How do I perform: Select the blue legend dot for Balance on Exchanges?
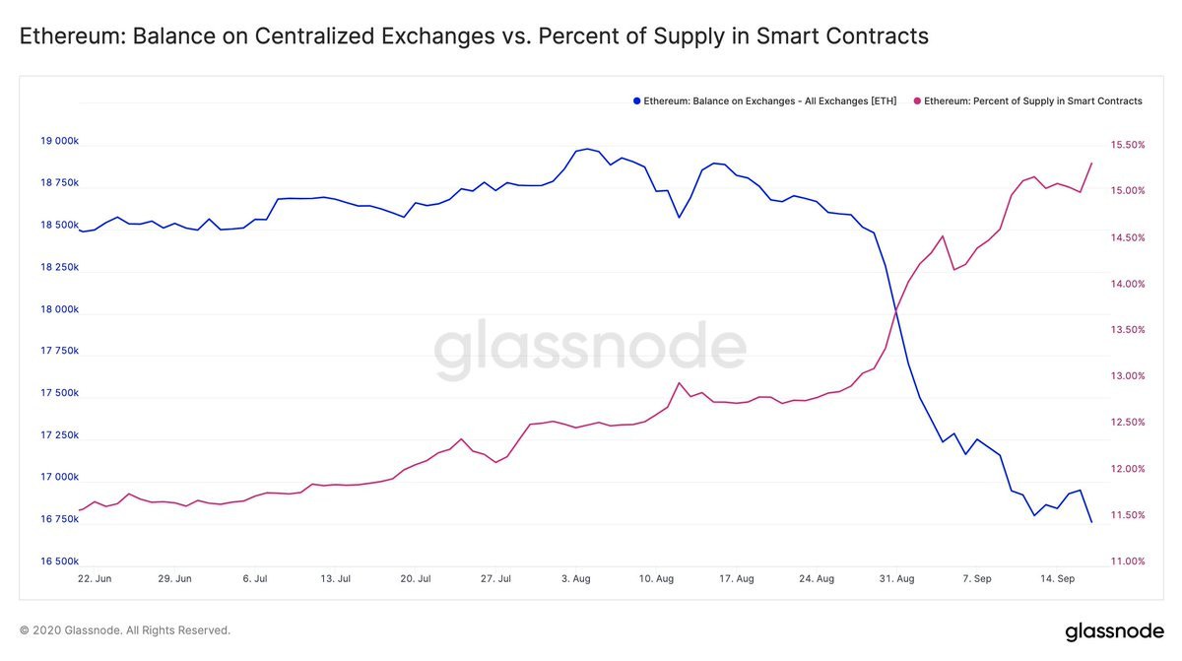[636, 101]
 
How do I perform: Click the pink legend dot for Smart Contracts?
[917, 101]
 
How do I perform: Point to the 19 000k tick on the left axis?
[59, 141]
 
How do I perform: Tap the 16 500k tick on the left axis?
[59, 562]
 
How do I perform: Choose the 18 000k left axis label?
[59, 309]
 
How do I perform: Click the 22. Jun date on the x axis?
[96, 579]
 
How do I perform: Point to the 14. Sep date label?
[1057, 579]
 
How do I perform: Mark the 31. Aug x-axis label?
[893, 579]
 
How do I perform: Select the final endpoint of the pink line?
[1091, 164]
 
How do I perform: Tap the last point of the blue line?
[1091, 522]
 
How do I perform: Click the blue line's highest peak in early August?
[587, 149]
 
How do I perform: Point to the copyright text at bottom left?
[124, 630]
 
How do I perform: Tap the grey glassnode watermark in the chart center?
[590, 350]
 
